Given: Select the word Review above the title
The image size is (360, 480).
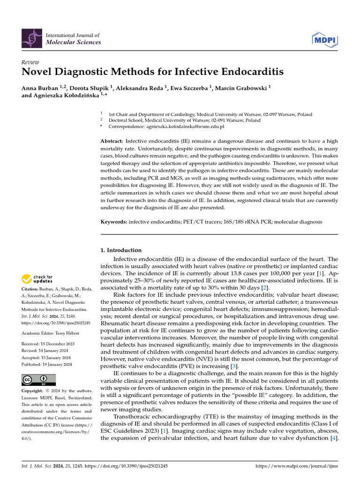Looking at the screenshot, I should coord(30,62).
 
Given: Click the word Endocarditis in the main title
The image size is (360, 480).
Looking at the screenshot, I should coord(246,72).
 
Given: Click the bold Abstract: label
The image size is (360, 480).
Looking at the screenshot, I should coord(112,141).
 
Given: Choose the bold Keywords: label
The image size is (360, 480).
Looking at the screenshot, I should coord(114,221).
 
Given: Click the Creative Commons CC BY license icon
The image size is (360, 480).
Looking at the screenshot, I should coord(38,380).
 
